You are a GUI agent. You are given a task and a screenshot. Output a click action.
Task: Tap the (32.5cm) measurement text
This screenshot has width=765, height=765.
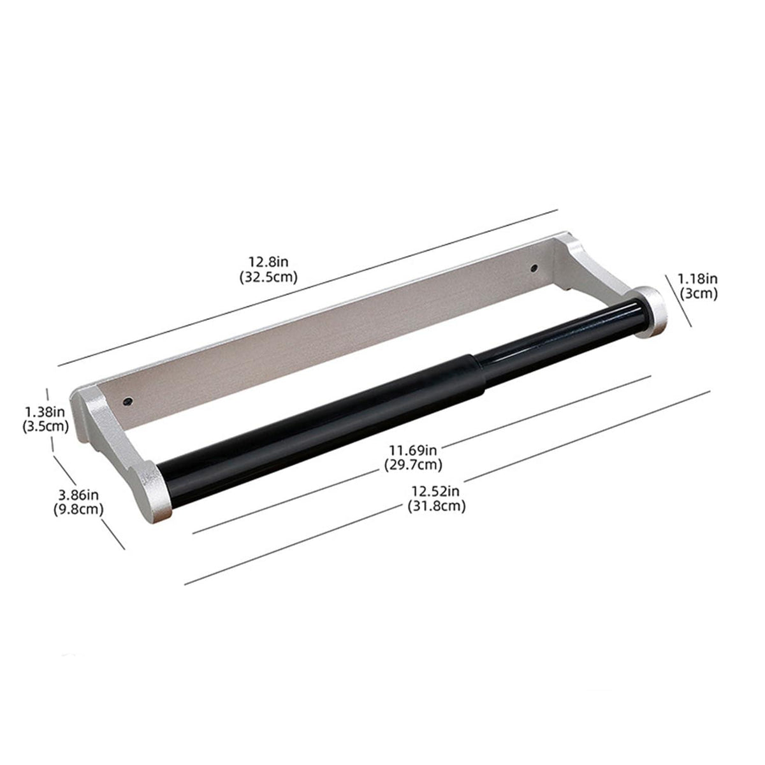pos(268,277)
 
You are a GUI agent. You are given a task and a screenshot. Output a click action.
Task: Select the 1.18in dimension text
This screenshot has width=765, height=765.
pos(697,278)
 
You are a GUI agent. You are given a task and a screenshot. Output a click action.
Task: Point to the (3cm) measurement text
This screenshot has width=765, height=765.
pos(697,294)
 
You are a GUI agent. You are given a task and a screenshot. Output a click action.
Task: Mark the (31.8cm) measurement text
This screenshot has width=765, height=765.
pos(436,507)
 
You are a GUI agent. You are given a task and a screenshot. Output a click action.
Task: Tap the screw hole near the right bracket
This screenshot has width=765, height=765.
pos(534,269)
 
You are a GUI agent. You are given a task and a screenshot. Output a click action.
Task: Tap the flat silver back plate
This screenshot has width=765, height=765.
pos(331,331)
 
